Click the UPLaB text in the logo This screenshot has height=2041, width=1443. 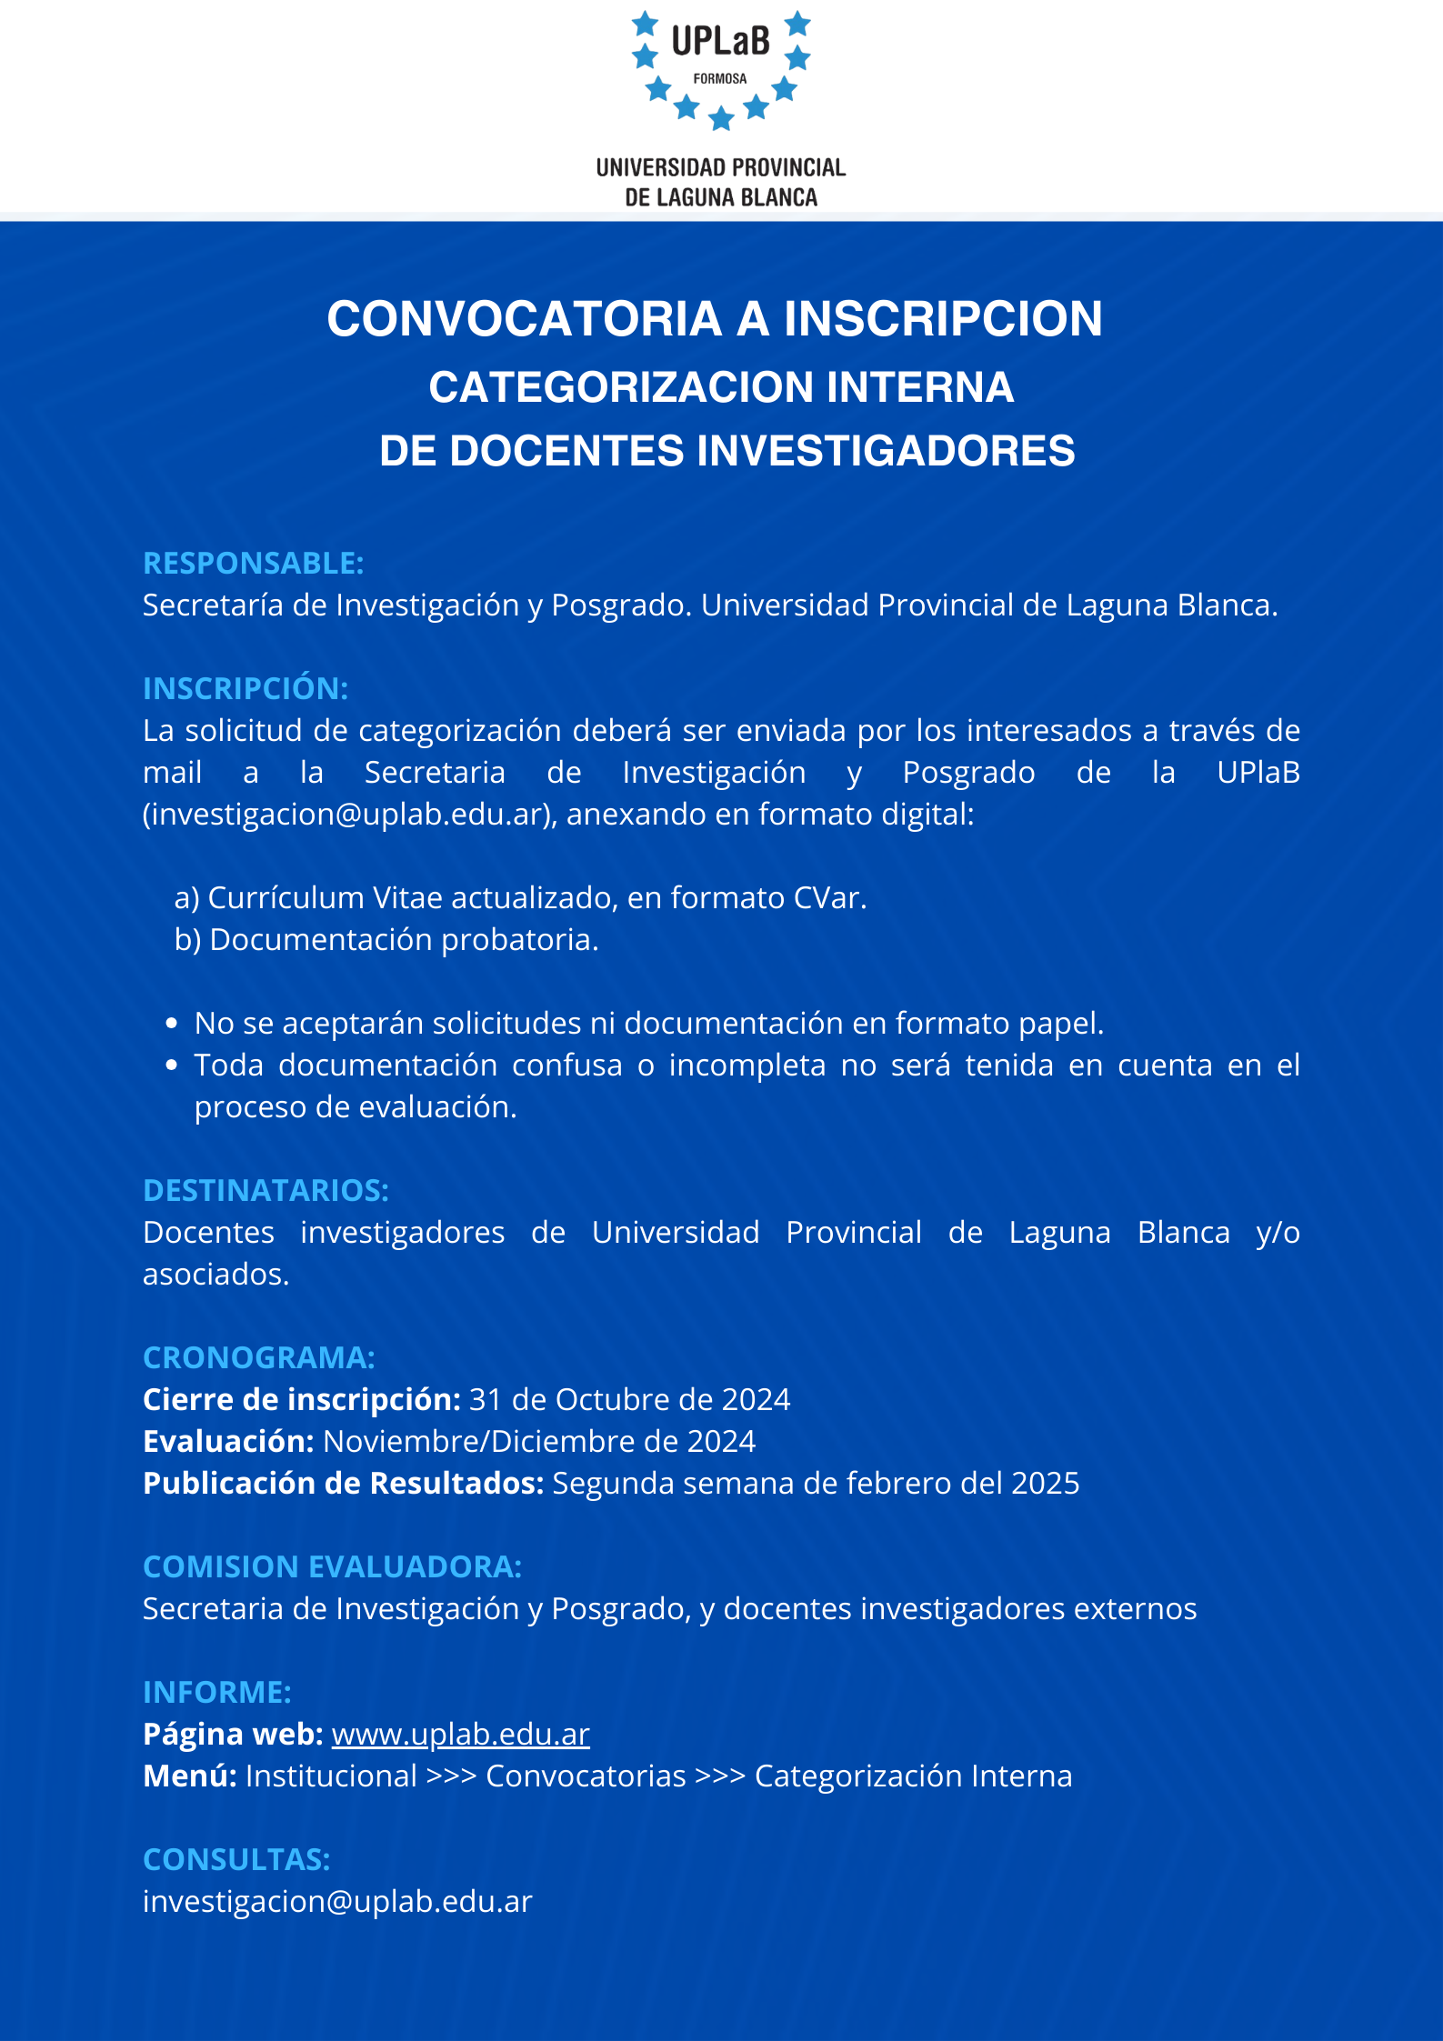720,41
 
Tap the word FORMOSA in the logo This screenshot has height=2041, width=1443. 720,79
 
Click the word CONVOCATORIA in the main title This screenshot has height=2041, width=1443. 525,319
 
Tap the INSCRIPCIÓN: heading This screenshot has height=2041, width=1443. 246,689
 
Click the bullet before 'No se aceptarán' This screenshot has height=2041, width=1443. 172,1024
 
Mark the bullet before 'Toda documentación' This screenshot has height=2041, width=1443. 172,1066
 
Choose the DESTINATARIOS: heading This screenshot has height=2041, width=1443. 266,1191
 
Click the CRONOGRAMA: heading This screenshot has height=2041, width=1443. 259,1358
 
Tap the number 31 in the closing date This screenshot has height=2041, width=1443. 486,1400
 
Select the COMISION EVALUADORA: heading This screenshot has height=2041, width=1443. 333,1567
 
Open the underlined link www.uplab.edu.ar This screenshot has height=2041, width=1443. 461,1735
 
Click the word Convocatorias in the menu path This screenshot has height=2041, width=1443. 586,1776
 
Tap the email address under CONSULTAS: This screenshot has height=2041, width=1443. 337,1902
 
